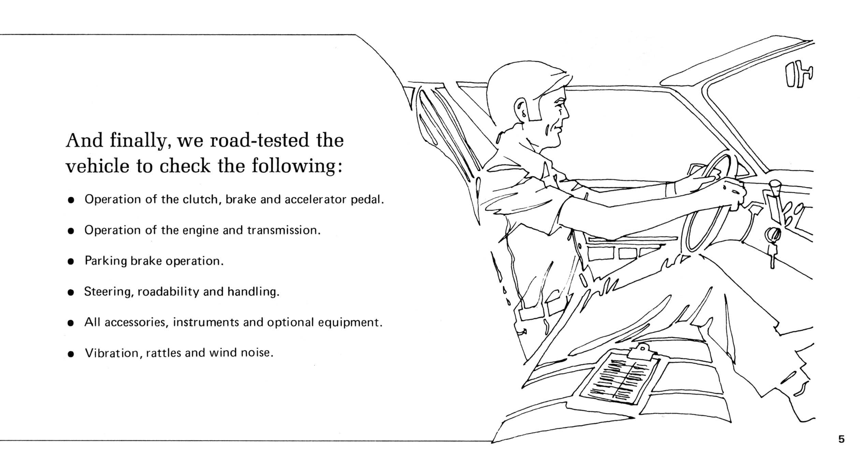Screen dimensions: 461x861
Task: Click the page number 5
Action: [x=841, y=439]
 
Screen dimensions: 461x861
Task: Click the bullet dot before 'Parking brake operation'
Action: [x=71, y=262]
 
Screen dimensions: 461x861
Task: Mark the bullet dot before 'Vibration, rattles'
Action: [x=71, y=354]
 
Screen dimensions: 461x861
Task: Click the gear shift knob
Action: [x=774, y=187]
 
